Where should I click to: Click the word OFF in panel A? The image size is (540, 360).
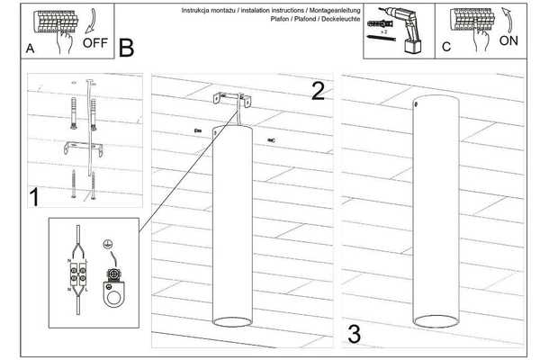94,41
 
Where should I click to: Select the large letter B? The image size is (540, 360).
126,47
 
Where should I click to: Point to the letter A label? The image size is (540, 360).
31,50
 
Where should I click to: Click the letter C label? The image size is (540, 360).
445,50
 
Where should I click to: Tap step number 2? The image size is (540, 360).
317,90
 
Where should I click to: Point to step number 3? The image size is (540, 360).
354,334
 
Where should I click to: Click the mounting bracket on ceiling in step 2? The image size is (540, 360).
230,99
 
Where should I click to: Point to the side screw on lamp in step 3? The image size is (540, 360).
416,105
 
